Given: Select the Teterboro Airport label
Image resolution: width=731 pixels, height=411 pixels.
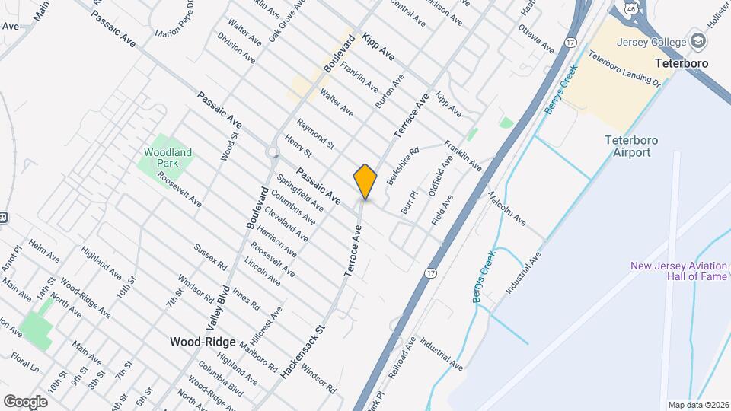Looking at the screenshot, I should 631,146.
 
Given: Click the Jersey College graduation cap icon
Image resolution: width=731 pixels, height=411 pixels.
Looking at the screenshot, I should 697,42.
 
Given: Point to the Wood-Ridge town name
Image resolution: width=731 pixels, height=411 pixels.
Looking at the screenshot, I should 203,342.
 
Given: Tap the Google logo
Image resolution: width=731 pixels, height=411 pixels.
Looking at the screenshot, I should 24,401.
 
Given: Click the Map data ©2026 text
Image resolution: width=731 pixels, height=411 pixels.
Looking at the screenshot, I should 697,405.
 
